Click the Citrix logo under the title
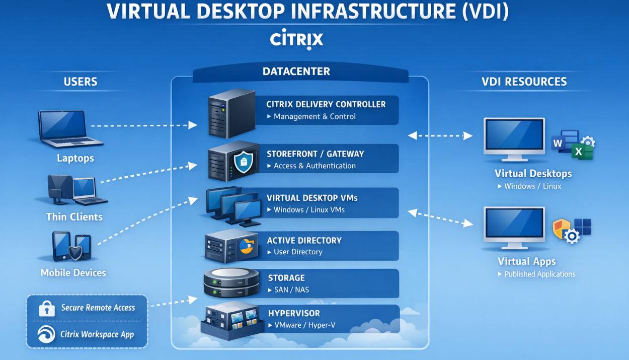coord(296,40)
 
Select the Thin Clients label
coord(74,217)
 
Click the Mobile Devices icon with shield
coord(71,246)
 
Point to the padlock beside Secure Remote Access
coord(47,308)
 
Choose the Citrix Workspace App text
coord(97,334)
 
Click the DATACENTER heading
coord(296,71)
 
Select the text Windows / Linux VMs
coord(309,210)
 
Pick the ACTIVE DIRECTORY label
coord(304,241)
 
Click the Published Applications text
coord(539,274)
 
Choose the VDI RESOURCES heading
coord(524,82)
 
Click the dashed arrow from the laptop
coord(143,125)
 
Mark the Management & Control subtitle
coord(314,117)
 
